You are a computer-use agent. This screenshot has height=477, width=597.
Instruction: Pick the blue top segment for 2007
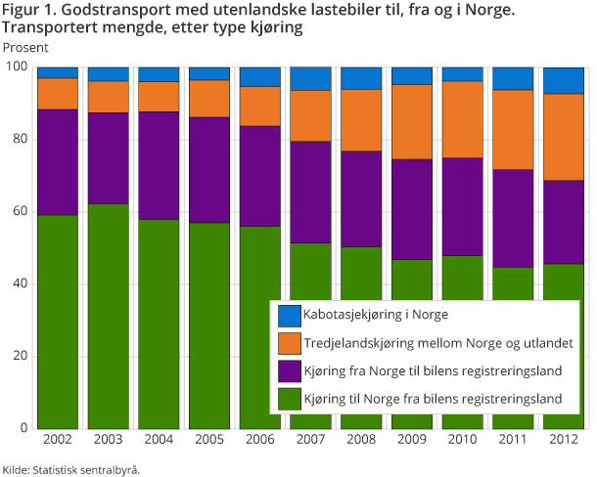(x=310, y=78)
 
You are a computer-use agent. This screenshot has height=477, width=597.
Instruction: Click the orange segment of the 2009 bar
(x=411, y=121)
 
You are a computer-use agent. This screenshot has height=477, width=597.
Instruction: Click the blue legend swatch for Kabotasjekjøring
(x=289, y=315)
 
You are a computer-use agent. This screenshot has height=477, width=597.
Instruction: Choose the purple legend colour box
(x=289, y=370)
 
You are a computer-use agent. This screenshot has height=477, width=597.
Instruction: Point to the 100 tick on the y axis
(x=19, y=66)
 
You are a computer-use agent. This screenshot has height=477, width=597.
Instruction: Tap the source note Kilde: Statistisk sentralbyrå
(x=71, y=469)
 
